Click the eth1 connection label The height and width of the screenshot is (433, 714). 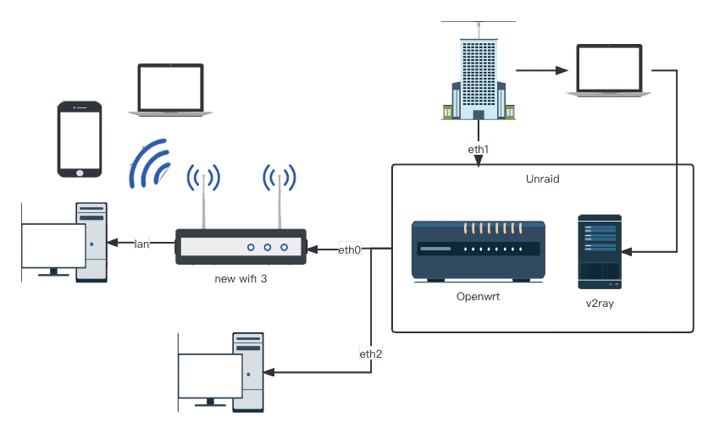(x=479, y=149)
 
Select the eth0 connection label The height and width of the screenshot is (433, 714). (x=350, y=249)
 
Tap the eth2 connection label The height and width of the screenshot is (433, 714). (x=371, y=354)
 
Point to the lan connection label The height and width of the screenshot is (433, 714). (x=141, y=244)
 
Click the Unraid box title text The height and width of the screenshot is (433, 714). (x=542, y=179)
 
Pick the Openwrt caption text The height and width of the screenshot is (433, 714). (x=479, y=296)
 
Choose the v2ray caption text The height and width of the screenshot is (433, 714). (x=600, y=302)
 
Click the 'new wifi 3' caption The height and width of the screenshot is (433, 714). (x=241, y=278)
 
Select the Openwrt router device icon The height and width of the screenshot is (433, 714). (x=479, y=251)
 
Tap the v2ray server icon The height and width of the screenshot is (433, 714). (x=600, y=247)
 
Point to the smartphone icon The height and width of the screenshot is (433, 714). (x=80, y=140)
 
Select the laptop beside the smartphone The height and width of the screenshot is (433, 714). (x=171, y=88)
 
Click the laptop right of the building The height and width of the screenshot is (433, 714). (x=608, y=71)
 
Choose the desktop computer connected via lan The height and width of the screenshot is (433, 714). (x=65, y=242)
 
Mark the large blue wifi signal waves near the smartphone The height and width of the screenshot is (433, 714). (x=150, y=163)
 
